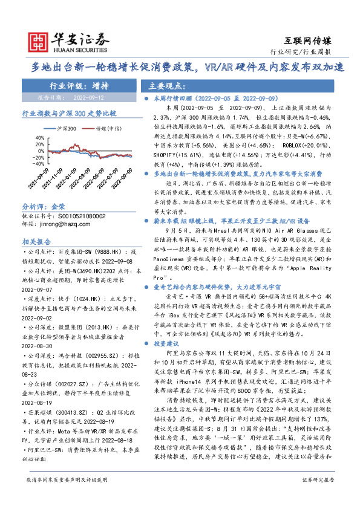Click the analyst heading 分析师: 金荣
(44, 206)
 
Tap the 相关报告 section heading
(38, 241)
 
